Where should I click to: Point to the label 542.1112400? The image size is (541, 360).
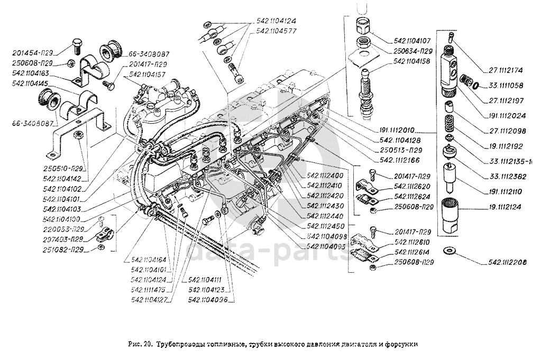(324, 174)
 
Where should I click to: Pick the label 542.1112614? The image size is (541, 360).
(411, 252)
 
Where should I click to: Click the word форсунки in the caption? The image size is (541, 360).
(403, 344)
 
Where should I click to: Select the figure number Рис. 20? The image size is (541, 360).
(141, 344)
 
